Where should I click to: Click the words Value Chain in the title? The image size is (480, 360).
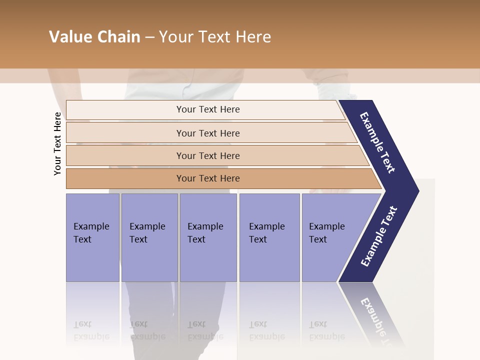pyautogui.click(x=94, y=37)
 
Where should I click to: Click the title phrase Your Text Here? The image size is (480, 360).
pyautogui.click(x=215, y=37)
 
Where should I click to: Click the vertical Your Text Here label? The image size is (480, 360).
pyautogui.click(x=57, y=143)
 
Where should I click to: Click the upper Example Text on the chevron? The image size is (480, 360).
pyautogui.click(x=378, y=142)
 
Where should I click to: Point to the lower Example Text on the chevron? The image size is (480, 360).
pyautogui.click(x=378, y=236)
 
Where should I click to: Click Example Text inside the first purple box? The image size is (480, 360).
pyautogui.click(x=91, y=233)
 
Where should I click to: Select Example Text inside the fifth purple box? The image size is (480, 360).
pyautogui.click(x=326, y=233)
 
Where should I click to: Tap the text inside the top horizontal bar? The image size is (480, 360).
pyautogui.click(x=208, y=109)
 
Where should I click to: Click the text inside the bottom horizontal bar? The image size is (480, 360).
pyautogui.click(x=208, y=178)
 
